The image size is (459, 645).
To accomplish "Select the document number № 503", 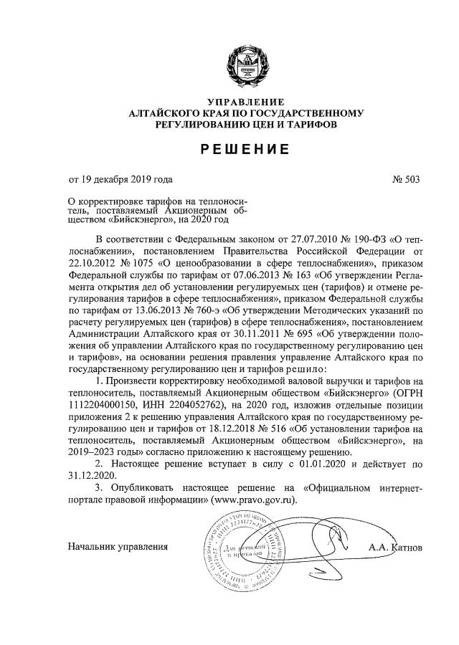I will point(405,179).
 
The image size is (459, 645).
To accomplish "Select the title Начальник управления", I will point(118,547).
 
